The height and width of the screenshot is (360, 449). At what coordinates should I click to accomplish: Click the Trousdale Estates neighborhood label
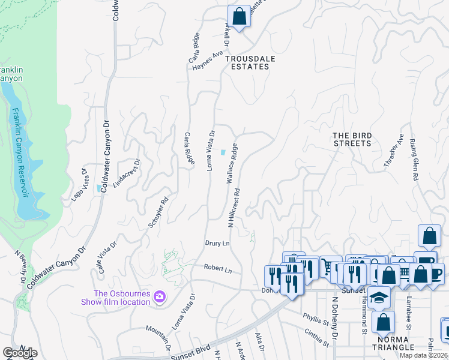click(247, 62)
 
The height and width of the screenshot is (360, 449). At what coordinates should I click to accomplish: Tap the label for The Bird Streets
click(352, 139)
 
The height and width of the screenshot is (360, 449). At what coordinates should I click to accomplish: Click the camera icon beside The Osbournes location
click(159, 296)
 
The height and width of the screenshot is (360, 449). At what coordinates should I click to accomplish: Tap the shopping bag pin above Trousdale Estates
click(239, 17)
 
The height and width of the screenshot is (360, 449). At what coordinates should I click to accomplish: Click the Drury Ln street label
click(217, 244)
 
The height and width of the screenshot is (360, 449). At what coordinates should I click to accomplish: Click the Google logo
click(20, 353)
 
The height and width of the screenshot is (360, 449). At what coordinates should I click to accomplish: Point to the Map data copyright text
click(425, 355)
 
